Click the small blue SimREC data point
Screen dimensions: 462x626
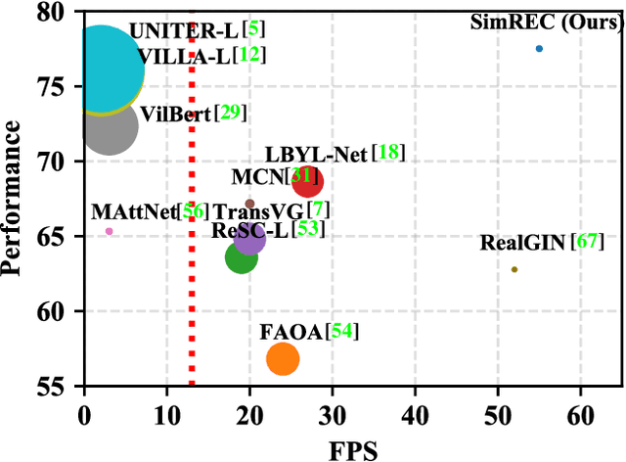click(x=539, y=48)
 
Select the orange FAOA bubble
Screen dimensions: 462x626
click(x=283, y=359)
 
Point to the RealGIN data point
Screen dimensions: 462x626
click(x=514, y=269)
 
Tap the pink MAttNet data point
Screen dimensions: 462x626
click(x=110, y=231)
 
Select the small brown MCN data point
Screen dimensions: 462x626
click(x=249, y=204)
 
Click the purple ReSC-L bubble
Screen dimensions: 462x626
click(x=250, y=238)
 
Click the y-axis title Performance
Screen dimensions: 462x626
click(x=14, y=201)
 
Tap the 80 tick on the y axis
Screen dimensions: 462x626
click(x=65, y=13)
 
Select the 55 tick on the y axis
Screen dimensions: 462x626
click(x=65, y=386)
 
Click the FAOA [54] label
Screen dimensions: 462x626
click(x=309, y=332)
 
